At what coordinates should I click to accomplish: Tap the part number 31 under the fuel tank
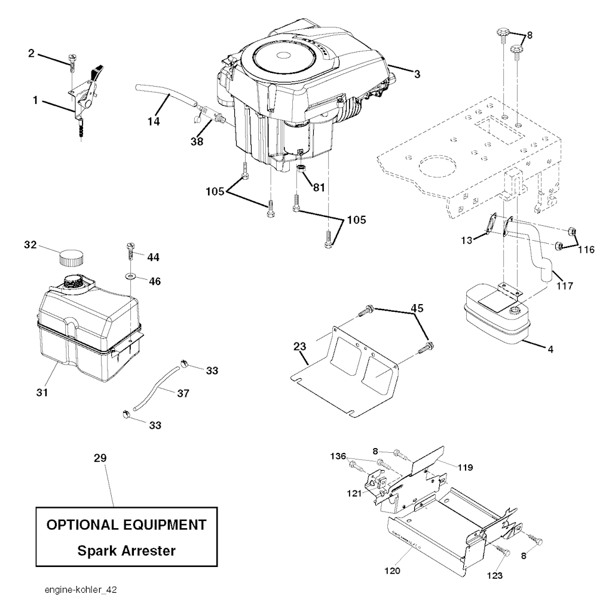pos(42,392)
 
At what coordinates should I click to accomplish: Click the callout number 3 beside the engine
pos(417,74)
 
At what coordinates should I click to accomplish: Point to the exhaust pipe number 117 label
pos(565,286)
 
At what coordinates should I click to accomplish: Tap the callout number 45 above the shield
pos(417,308)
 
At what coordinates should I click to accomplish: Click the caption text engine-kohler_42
pos(81,590)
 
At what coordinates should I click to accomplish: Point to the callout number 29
pos(100,458)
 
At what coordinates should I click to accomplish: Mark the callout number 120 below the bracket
pos(393,571)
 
